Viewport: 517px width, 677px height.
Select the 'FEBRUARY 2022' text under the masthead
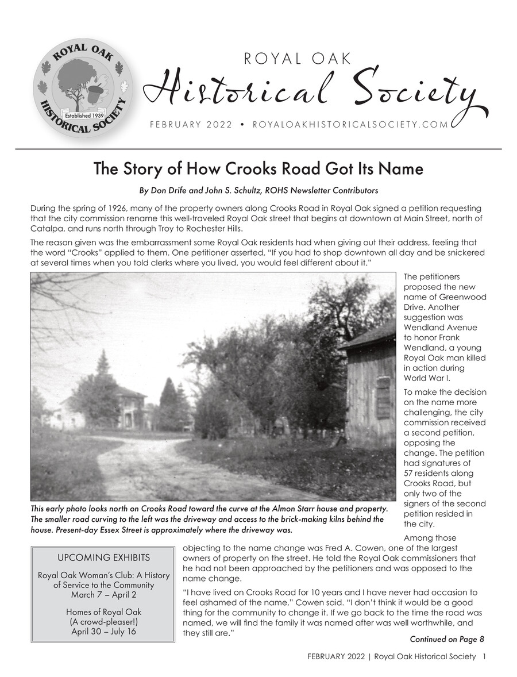point(191,125)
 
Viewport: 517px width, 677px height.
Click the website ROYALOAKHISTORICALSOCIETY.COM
point(350,125)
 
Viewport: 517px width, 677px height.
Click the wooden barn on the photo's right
point(371,385)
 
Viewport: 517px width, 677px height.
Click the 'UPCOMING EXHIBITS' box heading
point(104,557)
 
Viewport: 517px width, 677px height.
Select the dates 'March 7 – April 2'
point(104,595)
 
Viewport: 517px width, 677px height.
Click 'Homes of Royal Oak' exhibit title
point(104,612)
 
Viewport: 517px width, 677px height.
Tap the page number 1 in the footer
point(484,657)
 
